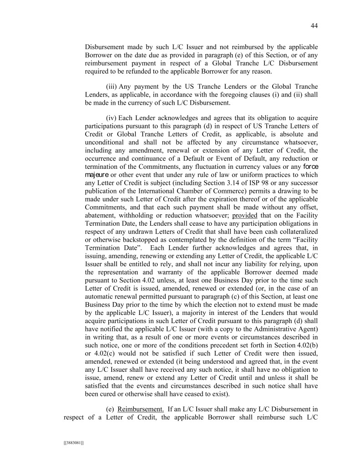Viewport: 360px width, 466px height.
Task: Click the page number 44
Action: point(314,26)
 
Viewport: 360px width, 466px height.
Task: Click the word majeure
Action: point(96,174)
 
